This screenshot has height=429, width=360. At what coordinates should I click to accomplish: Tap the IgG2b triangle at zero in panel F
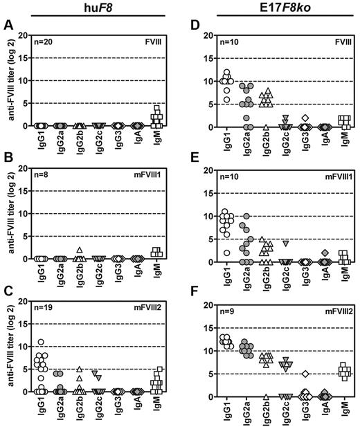[x=267, y=396]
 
